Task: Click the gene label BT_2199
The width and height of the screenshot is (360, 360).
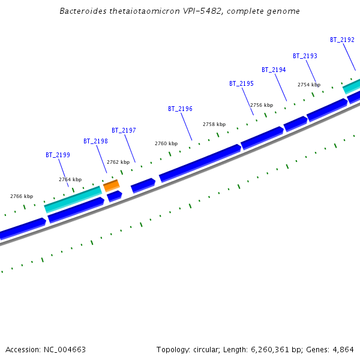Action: point(58,155)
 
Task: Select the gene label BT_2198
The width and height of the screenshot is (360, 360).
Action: point(95,142)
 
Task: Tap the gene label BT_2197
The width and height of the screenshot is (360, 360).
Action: point(124,130)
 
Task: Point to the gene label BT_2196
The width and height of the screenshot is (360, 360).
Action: point(180,109)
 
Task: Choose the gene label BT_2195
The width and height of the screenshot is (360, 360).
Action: point(241,83)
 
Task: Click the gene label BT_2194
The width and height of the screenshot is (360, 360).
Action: point(274,70)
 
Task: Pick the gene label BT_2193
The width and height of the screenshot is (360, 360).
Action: point(305,56)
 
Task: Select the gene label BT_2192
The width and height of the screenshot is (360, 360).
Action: point(342,40)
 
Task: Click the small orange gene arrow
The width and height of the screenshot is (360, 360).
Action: point(112,185)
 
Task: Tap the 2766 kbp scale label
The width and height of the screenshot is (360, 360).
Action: point(22,196)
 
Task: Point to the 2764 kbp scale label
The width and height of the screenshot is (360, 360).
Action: point(70,179)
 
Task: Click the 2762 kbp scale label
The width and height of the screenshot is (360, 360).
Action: point(118,162)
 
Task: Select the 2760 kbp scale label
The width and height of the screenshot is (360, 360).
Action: point(166,143)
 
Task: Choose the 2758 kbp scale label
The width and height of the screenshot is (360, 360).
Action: point(214,124)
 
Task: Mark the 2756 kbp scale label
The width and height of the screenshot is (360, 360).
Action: point(261,105)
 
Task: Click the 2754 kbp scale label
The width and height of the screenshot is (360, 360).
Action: point(309,85)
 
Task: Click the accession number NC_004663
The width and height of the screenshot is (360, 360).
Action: point(64,349)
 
